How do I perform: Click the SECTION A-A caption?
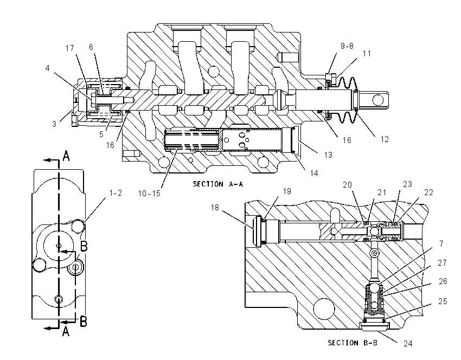pyautogui.click(x=218, y=184)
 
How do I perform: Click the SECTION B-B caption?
pyautogui.click(x=353, y=343)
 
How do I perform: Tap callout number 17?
pyautogui.click(x=70, y=48)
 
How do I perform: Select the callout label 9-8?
pyautogui.click(x=347, y=46)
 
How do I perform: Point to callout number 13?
pyautogui.click(x=328, y=155)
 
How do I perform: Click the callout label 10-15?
pyautogui.click(x=149, y=194)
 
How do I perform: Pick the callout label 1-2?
pyautogui.click(x=116, y=193)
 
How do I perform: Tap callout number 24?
pyautogui.click(x=408, y=344)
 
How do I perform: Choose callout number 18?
pyautogui.click(x=215, y=208)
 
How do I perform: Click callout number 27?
pyautogui.click(x=442, y=263)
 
